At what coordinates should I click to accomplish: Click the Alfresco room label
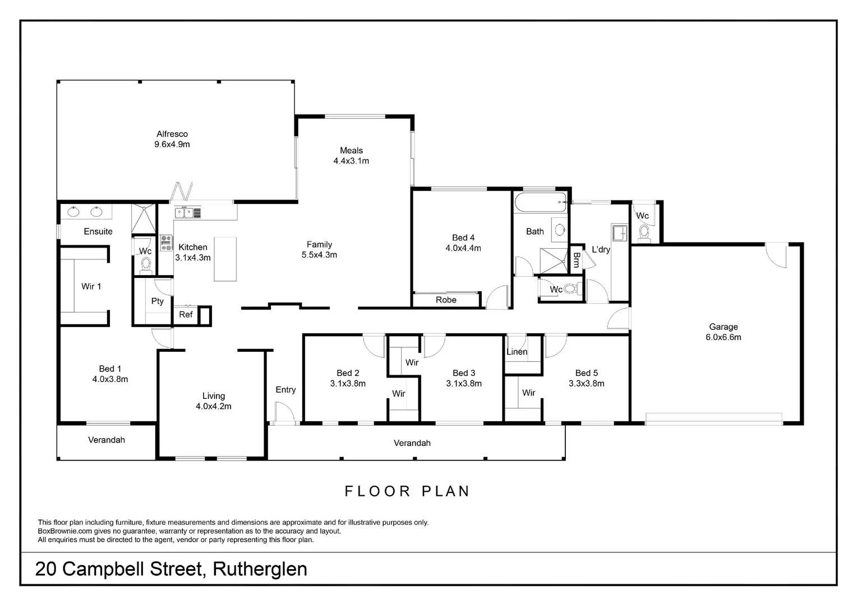click(x=172, y=134)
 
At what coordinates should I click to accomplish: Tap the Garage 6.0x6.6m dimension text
click(x=723, y=337)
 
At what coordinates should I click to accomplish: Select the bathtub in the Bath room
click(x=541, y=202)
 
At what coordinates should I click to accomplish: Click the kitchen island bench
click(x=225, y=259)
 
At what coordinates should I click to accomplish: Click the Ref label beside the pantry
click(x=186, y=314)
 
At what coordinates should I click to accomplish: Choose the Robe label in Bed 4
click(x=446, y=300)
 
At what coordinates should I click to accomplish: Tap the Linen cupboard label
click(x=517, y=352)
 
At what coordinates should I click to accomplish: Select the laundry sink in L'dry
click(x=619, y=232)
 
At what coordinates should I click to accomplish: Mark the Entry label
click(x=285, y=389)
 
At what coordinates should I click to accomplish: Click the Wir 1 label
click(x=91, y=286)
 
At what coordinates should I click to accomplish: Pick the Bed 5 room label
click(x=586, y=373)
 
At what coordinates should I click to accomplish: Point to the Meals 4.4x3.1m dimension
click(x=351, y=161)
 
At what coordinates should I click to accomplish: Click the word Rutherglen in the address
click(x=260, y=569)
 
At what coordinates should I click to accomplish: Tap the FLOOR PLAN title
click(x=407, y=491)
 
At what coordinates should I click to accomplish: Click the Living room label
click(x=214, y=396)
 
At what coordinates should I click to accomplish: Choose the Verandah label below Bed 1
click(x=107, y=440)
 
